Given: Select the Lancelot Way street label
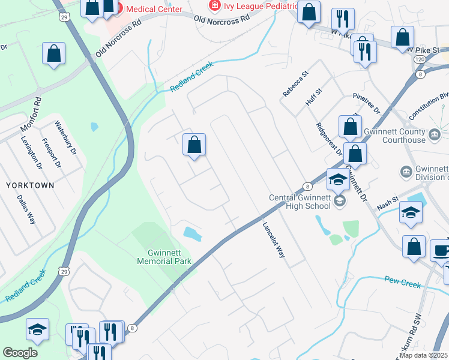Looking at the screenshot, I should coord(273,240).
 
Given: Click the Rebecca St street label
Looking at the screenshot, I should coord(295,83).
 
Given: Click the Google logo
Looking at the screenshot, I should coord(20,353).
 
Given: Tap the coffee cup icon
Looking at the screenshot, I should coord(441,251).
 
